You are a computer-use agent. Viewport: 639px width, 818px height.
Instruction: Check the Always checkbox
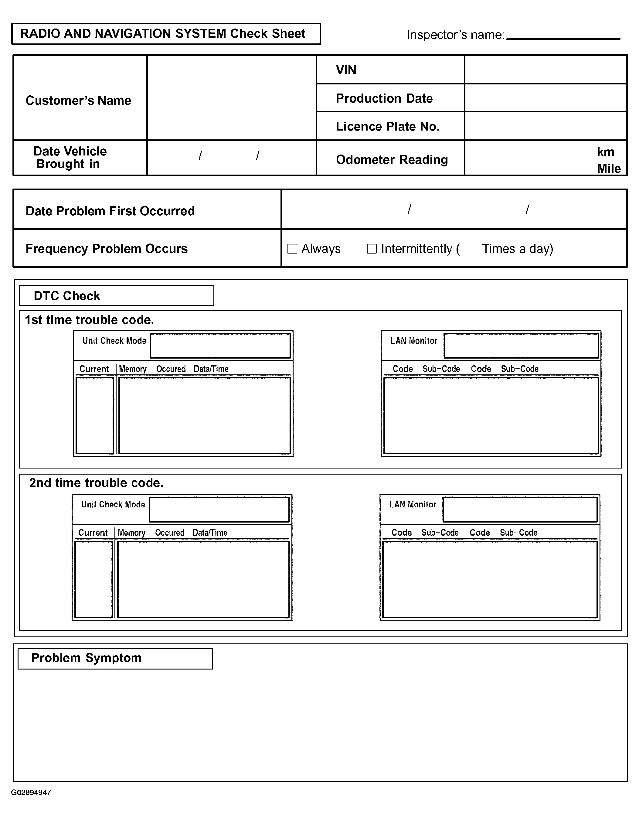click(x=292, y=249)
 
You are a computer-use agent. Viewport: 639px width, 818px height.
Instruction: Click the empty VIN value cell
click(x=546, y=70)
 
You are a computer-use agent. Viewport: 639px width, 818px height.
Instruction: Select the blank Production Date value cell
click(x=546, y=98)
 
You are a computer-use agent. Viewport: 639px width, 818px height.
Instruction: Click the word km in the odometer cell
click(x=605, y=152)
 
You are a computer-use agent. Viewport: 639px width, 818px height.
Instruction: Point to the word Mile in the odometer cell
click(x=609, y=169)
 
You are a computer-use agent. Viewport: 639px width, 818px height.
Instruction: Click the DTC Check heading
click(x=67, y=296)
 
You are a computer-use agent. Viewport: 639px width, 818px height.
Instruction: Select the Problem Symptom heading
click(x=87, y=658)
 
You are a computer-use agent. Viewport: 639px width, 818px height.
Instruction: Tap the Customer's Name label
click(x=79, y=101)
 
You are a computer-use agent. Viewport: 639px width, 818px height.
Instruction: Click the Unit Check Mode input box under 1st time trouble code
click(x=220, y=346)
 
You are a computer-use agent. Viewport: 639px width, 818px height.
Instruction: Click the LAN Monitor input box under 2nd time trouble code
click(x=520, y=510)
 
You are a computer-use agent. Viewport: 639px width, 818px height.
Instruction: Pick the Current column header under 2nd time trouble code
click(x=93, y=533)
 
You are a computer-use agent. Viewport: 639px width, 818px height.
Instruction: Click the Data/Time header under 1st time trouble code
click(x=211, y=369)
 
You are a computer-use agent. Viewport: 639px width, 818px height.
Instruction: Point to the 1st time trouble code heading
click(x=90, y=320)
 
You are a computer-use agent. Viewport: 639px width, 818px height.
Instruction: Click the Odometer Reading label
click(x=392, y=159)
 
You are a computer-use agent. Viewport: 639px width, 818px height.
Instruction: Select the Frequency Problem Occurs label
click(x=107, y=249)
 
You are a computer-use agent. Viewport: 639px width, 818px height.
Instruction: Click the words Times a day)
click(x=517, y=249)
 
